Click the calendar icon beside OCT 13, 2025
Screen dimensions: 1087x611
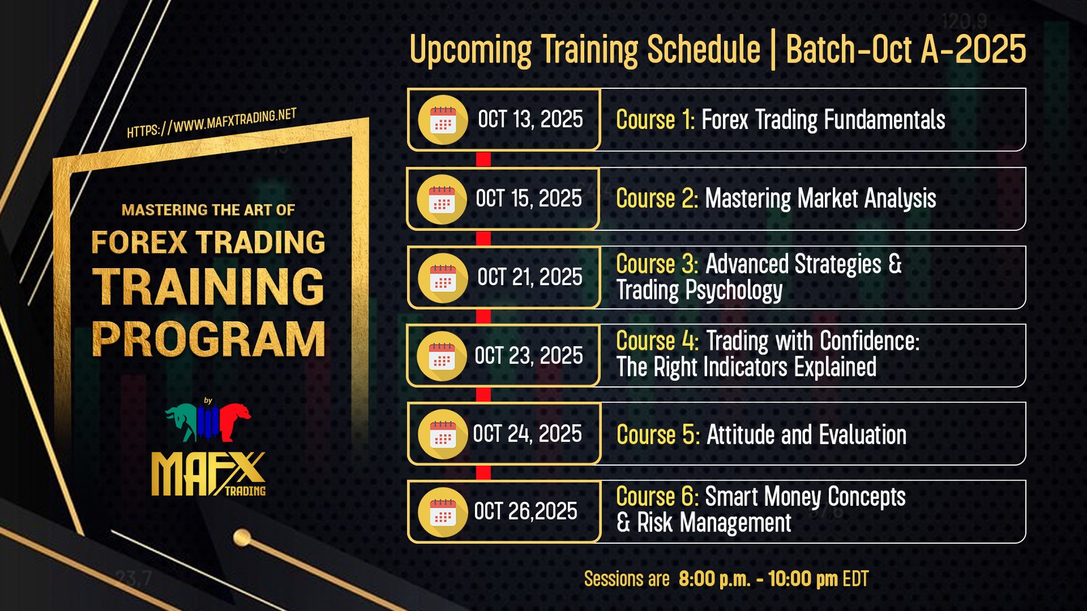[442, 119]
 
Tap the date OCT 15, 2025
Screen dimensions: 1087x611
[529, 198]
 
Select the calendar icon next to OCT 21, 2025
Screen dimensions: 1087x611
[442, 278]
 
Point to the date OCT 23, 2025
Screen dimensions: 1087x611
[529, 356]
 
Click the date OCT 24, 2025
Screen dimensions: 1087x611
[527, 434]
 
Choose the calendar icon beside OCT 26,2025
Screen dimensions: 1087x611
[442, 512]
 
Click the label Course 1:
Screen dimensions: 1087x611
[656, 119]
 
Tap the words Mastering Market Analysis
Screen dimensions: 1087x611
[821, 199]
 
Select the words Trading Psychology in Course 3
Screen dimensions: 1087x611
[699, 291]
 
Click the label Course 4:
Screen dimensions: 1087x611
[658, 341]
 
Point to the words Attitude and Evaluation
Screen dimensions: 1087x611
[806, 434]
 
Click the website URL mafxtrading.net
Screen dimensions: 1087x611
[211, 123]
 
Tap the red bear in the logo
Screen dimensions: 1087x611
[236, 422]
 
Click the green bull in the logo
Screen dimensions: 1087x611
[182, 422]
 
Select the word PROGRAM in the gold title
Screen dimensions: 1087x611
[209, 339]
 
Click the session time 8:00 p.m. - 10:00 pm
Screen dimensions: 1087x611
[758, 579]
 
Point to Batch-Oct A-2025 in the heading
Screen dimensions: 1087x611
[906, 49]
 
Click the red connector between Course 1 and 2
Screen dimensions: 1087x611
[483, 159]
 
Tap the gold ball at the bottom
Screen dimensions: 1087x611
[242, 538]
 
